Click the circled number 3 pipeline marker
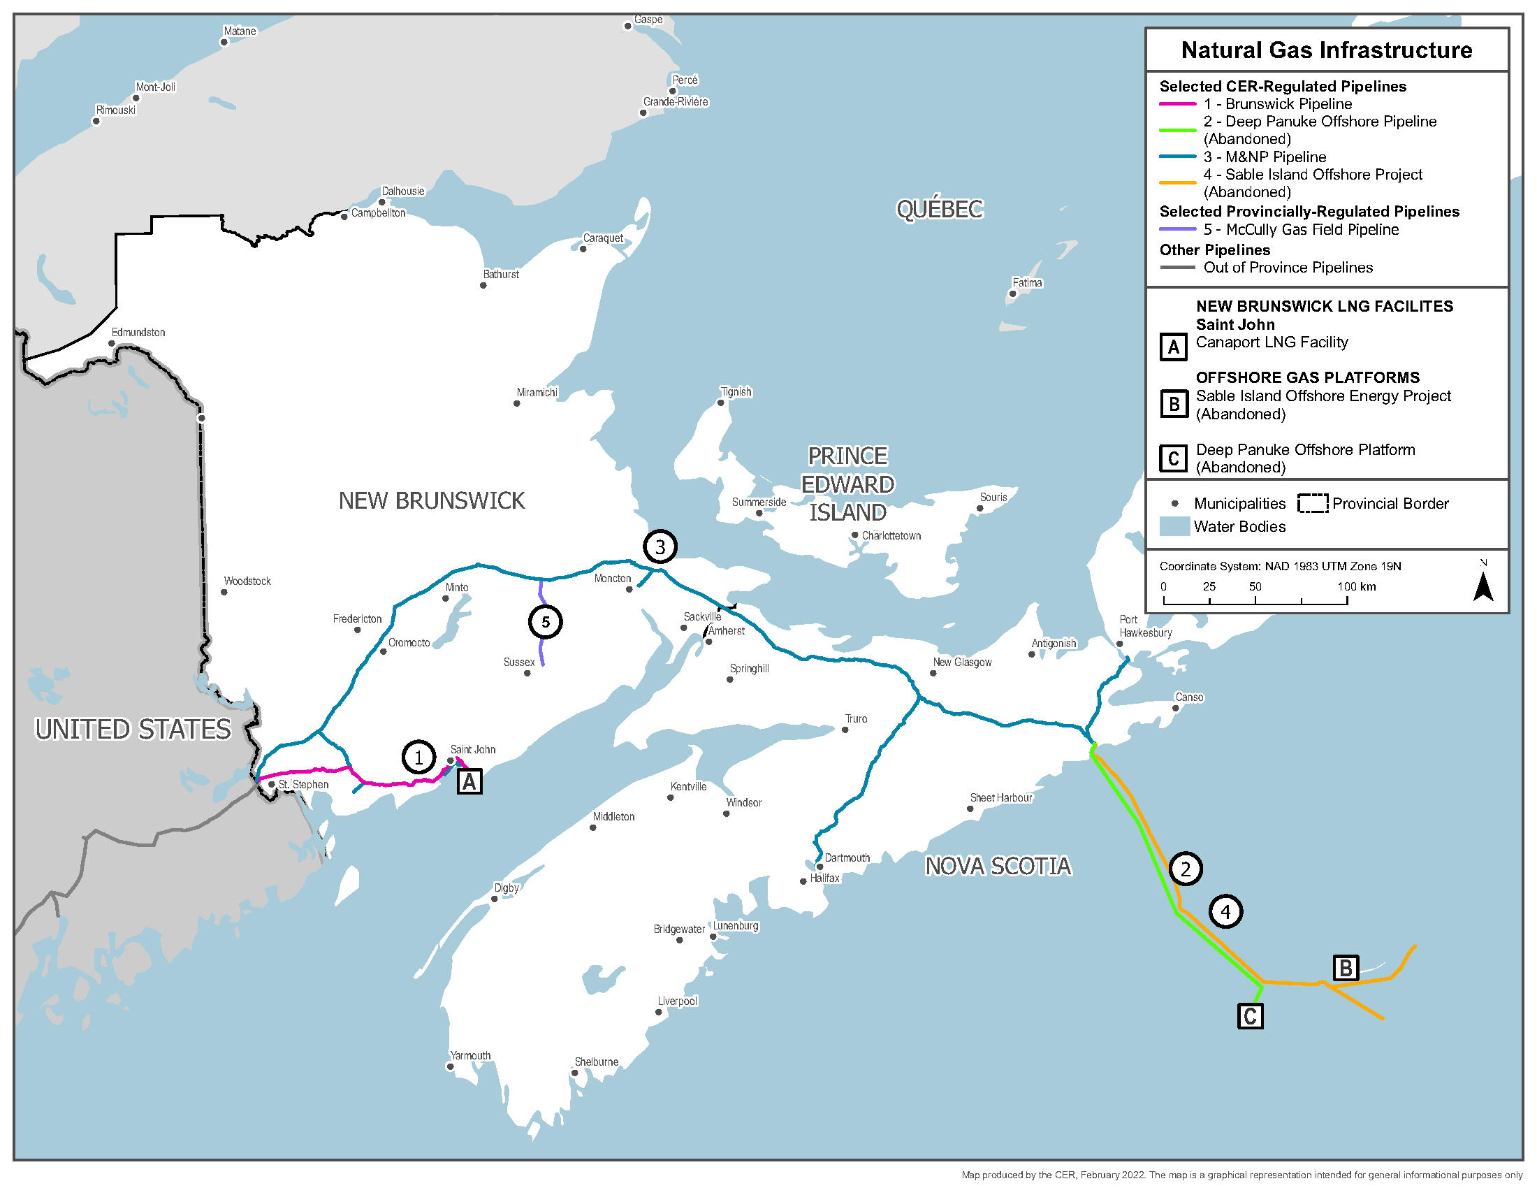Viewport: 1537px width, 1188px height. [x=660, y=546]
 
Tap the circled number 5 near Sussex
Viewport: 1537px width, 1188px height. [x=545, y=621]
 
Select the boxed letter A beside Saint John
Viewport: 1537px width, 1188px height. [x=469, y=781]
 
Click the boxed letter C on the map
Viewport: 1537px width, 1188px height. [x=1250, y=1016]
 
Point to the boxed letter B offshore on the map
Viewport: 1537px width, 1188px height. [x=1346, y=969]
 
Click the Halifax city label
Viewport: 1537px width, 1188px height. [x=824, y=878]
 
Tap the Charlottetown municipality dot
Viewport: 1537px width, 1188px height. [x=854, y=535]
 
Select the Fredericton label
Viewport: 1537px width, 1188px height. [x=357, y=618]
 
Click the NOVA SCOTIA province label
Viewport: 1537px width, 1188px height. [x=997, y=866]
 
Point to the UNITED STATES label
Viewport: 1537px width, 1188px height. [x=133, y=729]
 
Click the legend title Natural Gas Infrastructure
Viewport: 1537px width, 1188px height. [x=1326, y=50]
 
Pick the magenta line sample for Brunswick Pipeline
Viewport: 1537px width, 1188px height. [x=1177, y=104]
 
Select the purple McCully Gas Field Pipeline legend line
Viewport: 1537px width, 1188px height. [x=1177, y=229]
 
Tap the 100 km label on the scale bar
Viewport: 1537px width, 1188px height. [x=1356, y=586]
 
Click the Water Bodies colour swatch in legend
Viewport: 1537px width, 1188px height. [x=1174, y=526]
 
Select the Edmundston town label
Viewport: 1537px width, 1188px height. [x=138, y=332]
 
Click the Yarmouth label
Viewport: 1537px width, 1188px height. [x=470, y=1056]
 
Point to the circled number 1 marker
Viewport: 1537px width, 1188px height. [x=418, y=758]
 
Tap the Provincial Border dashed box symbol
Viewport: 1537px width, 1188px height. [x=1313, y=503]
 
